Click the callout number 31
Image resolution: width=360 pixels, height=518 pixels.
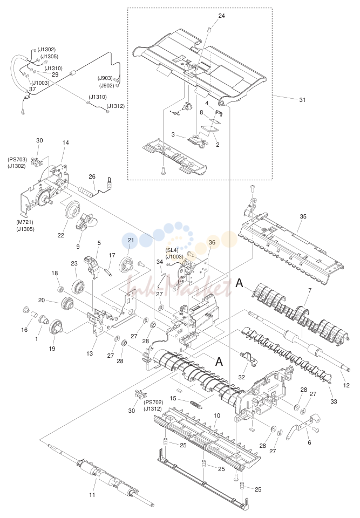(x=302, y=100)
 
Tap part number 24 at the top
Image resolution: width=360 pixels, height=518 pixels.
(x=221, y=16)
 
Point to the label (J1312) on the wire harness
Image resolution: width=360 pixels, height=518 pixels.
(x=116, y=106)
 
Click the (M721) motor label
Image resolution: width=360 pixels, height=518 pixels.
(x=25, y=222)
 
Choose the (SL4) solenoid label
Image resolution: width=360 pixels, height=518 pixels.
(x=172, y=250)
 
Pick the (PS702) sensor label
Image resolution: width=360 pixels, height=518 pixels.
(x=153, y=403)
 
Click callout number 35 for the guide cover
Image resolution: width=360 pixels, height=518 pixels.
(x=303, y=216)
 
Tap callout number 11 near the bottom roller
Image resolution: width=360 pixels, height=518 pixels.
(x=92, y=495)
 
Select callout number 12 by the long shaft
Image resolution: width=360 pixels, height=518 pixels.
(x=346, y=385)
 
